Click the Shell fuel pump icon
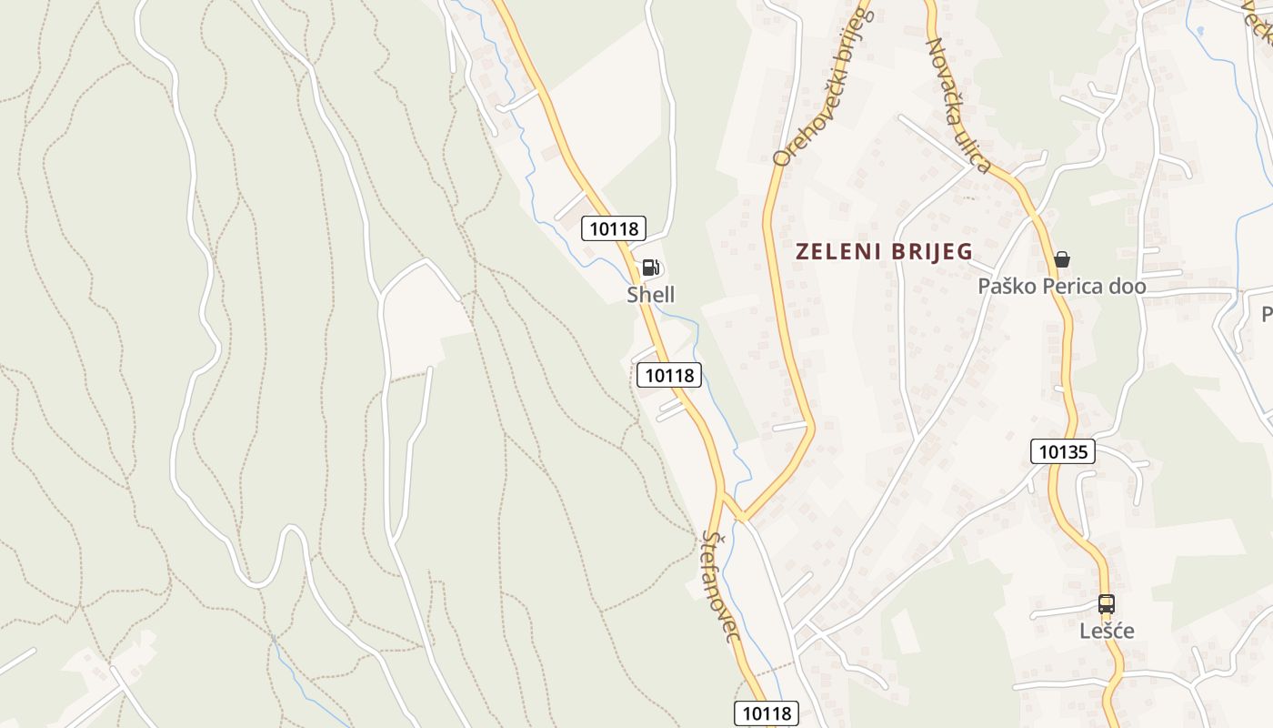650,267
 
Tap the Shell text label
651,295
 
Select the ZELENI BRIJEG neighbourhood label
884,252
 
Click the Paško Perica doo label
1061,287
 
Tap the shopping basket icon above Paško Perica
1061,260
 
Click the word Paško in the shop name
1002,287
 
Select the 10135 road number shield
1063,451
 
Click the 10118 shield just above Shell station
615,227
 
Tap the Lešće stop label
1107,632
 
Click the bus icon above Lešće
1107,604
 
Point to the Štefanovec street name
719,587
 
